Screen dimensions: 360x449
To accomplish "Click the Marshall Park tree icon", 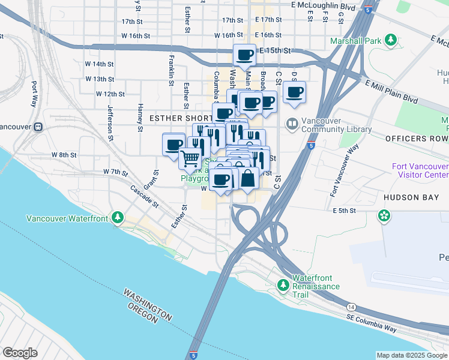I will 391,41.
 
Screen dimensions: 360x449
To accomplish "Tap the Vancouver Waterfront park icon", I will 119,217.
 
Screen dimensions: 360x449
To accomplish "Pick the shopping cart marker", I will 190,158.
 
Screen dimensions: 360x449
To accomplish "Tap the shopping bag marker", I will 247,178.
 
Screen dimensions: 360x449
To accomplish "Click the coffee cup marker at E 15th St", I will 245,55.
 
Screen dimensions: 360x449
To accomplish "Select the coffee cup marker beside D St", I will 294,92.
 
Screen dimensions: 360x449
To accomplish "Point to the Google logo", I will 20,353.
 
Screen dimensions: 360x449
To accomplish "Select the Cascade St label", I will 144,196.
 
